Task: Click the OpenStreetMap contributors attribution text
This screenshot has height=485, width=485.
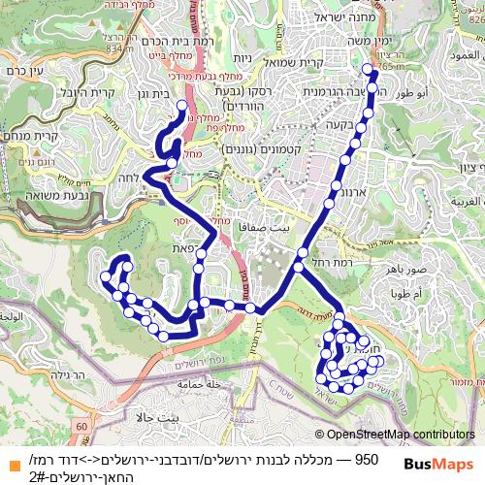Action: click(x=401, y=435)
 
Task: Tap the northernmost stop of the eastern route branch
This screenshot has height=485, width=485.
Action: click(x=368, y=69)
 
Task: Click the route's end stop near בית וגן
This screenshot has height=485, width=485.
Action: click(x=181, y=104)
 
